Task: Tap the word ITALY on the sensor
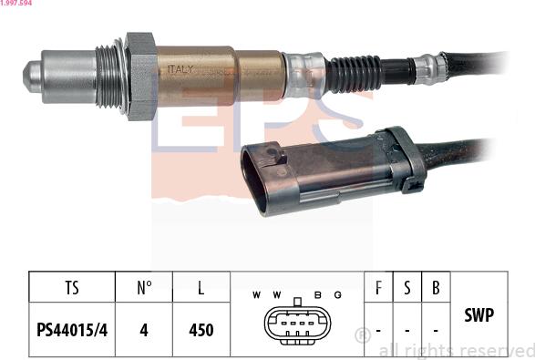pyautogui.click(x=181, y=69)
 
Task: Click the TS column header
pyautogui.click(x=72, y=288)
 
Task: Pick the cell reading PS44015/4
pyautogui.click(x=72, y=330)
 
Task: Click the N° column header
pyautogui.click(x=144, y=288)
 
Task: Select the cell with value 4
pyautogui.click(x=144, y=330)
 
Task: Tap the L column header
pyautogui.click(x=201, y=288)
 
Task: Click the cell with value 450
pyautogui.click(x=201, y=330)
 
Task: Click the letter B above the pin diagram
pyautogui.click(x=317, y=295)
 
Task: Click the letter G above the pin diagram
pyautogui.click(x=337, y=295)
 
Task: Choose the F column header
pyautogui.click(x=378, y=288)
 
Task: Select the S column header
pyautogui.click(x=407, y=288)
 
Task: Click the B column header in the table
pyautogui.click(x=437, y=288)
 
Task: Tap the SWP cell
pyautogui.click(x=478, y=315)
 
